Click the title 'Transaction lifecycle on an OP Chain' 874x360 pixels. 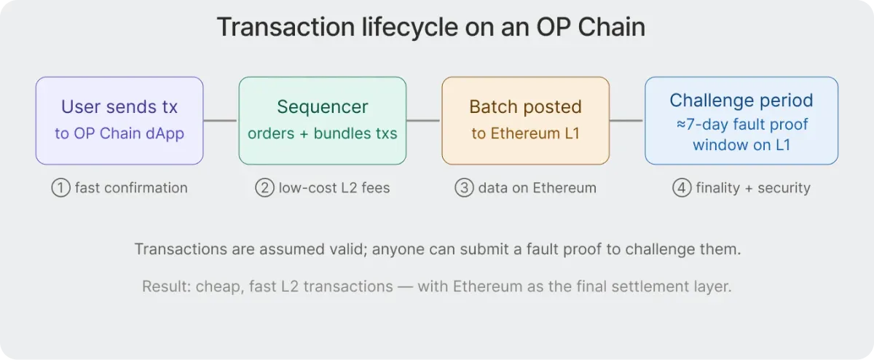430,28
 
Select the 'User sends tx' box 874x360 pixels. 119,120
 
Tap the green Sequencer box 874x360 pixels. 322,120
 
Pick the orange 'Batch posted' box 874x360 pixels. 525,120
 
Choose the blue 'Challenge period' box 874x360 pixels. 741,120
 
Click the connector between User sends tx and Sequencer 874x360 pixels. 221,120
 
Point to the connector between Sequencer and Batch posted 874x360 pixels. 424,120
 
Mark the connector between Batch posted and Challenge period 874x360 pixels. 627,120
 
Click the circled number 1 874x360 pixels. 60,188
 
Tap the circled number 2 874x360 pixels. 264,188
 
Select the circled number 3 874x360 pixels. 465,188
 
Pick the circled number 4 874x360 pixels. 681,188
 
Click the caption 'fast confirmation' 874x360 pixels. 131,188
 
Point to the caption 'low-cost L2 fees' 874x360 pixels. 334,188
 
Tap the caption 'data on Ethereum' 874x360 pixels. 537,188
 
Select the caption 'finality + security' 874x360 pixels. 752,188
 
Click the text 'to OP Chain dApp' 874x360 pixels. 119,134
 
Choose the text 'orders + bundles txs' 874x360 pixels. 322,134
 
